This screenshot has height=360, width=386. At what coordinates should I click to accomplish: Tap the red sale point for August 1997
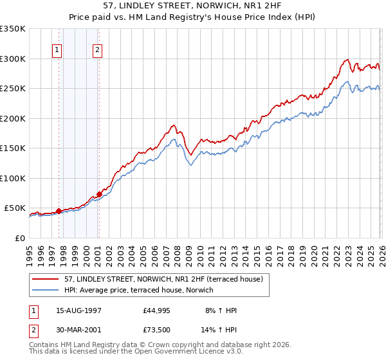[x=59, y=211]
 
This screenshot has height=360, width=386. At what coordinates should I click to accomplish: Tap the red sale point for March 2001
[x=99, y=194]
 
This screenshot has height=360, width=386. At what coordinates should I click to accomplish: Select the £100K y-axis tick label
[x=12, y=178]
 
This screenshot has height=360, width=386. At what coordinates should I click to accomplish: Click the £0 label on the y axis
[x=18, y=238]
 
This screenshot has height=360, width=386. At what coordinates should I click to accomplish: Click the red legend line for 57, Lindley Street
[x=46, y=280]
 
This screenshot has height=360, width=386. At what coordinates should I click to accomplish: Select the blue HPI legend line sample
[x=46, y=291]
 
